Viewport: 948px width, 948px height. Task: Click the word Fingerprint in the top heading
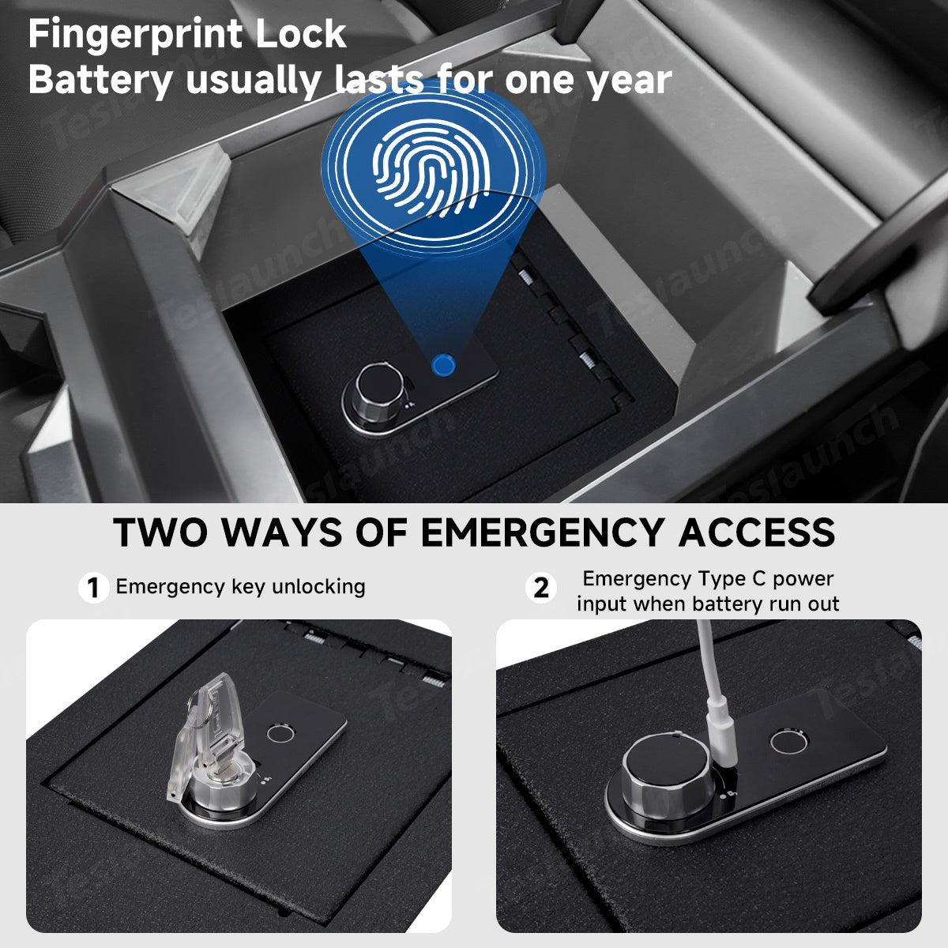[136, 35]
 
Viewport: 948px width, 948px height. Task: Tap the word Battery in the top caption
[101, 81]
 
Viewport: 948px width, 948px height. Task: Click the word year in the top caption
[630, 82]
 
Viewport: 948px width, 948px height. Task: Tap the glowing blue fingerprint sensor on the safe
[442, 365]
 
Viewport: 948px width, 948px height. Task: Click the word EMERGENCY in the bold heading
[541, 532]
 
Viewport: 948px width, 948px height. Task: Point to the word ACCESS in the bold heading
[757, 532]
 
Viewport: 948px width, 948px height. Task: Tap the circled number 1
[93, 588]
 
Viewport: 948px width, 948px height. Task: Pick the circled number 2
[541, 588]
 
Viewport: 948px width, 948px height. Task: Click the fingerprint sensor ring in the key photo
[281, 734]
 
